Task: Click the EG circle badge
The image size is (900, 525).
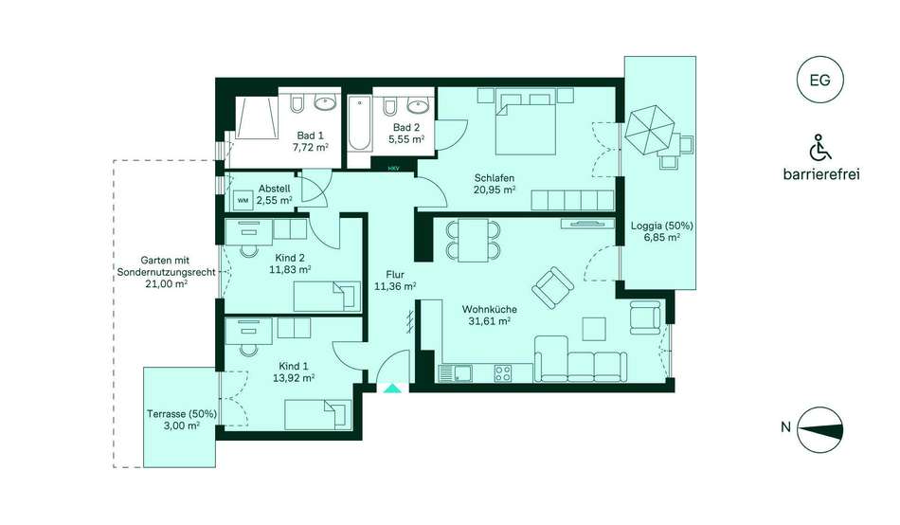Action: (820, 80)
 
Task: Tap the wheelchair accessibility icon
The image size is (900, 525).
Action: (819, 148)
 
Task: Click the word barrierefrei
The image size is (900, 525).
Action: (821, 174)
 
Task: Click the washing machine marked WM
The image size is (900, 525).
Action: (243, 200)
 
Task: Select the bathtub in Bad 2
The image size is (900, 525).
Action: (360, 123)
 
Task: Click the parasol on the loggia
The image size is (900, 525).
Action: (649, 129)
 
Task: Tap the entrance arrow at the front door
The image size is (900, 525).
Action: (392, 389)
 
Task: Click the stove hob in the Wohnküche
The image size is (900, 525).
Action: (503, 373)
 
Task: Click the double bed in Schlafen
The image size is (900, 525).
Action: (526, 121)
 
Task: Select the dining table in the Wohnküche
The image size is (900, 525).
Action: (474, 240)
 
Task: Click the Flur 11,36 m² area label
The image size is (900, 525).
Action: (395, 281)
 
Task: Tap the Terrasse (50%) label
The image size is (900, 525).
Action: (181, 419)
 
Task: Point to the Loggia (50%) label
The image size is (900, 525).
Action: (662, 231)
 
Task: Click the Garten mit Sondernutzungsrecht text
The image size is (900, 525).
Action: (167, 272)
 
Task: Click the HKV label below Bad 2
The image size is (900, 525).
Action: (393, 169)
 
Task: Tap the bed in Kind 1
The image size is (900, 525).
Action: (318, 415)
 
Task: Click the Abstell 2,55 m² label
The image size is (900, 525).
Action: (275, 194)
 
